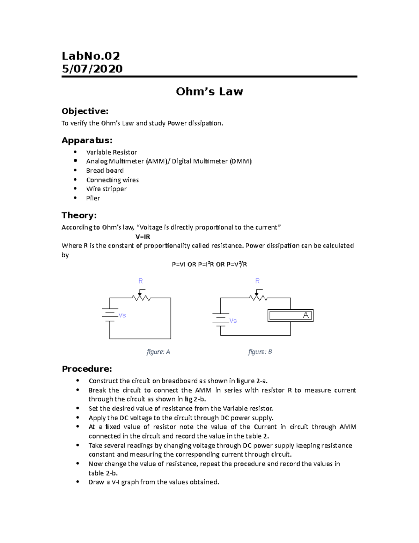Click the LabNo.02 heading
[91, 56]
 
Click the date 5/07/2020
[92, 69]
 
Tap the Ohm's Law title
[209, 92]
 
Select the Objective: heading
[85, 111]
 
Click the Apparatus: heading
[87, 141]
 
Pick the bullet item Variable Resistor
[111, 152]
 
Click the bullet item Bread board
[105, 171]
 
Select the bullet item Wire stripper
[106, 189]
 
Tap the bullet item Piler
[93, 198]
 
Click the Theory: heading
[79, 215]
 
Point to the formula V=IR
[142, 237]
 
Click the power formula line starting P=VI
[209, 264]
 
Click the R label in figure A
[140, 281]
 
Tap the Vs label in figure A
[122, 315]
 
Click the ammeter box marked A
[291, 315]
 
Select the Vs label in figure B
[233, 321]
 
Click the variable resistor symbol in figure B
[258, 298]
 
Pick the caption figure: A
[158, 352]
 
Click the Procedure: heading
[87, 369]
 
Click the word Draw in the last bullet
[96, 482]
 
